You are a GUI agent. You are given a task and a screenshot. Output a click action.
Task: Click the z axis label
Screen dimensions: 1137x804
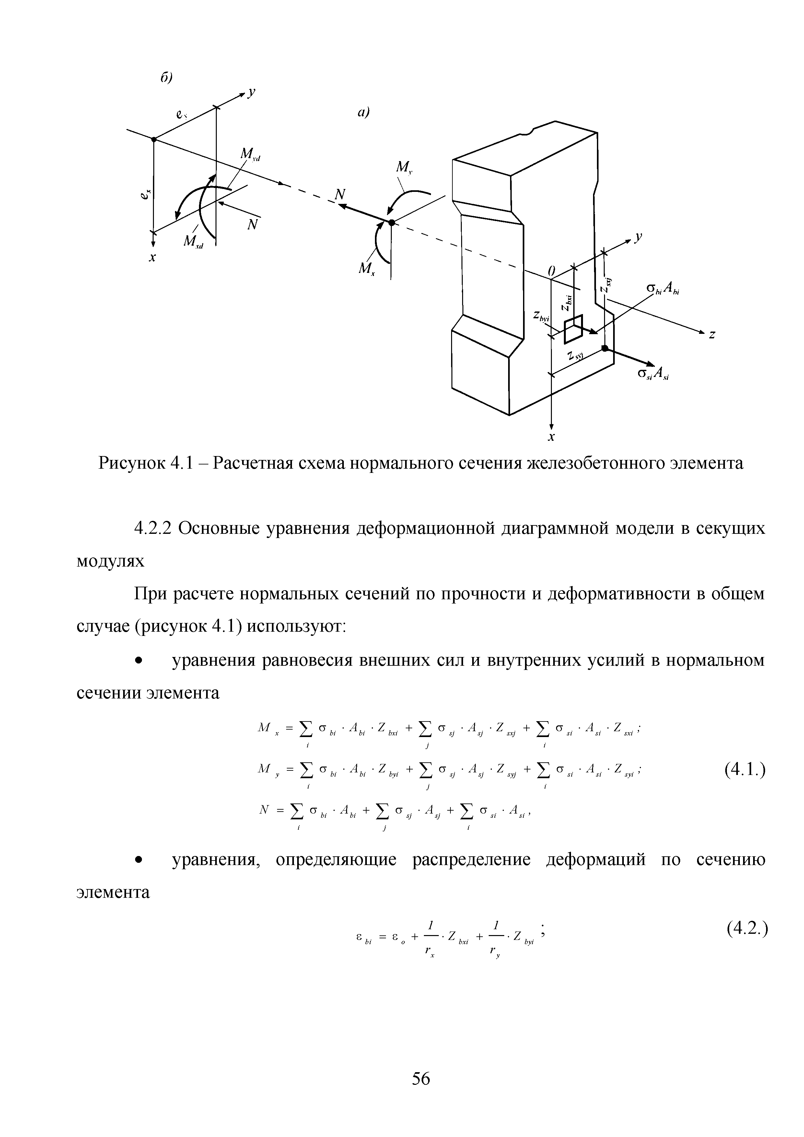click(712, 335)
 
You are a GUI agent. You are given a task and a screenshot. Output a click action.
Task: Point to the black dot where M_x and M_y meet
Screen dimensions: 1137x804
click(391, 222)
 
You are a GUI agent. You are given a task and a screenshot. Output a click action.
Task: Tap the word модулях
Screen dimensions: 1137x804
click(111, 561)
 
